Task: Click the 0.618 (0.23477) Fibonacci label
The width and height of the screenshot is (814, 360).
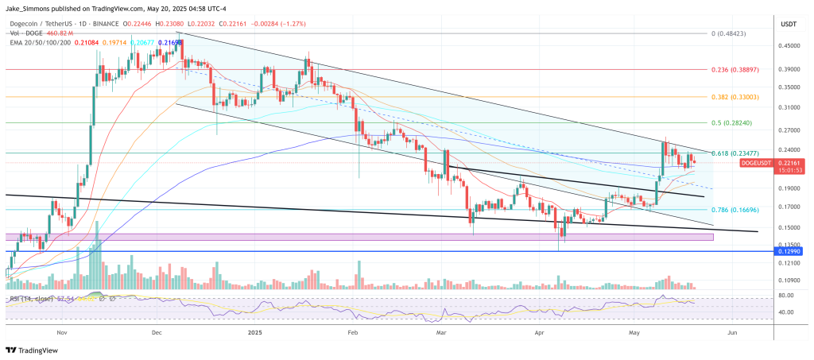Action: [738, 153]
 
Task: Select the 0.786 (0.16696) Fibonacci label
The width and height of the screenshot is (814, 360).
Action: [738, 210]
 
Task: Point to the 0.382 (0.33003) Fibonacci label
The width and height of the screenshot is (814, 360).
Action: [738, 97]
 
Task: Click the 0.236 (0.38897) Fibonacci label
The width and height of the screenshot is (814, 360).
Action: [738, 70]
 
